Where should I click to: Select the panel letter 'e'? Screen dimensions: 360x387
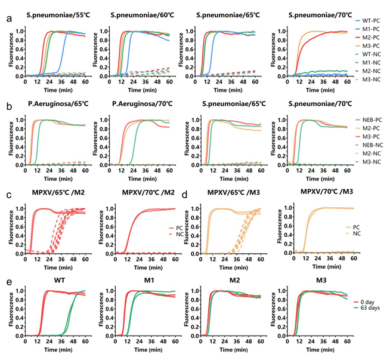(9, 276)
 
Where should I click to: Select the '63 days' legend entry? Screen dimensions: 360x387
(369, 308)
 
